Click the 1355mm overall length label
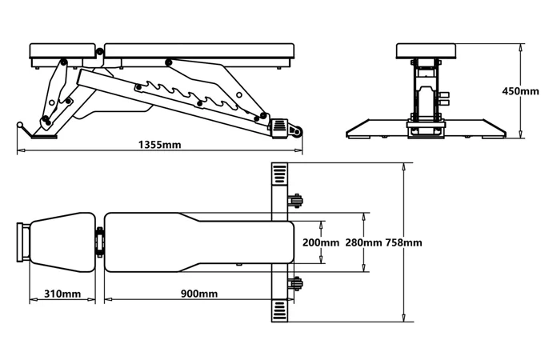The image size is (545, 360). [x=160, y=145]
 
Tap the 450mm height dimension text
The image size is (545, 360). [x=520, y=91]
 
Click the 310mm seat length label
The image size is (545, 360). [x=62, y=294]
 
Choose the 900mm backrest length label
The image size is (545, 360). [x=199, y=294]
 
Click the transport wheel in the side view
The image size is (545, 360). [x=298, y=133]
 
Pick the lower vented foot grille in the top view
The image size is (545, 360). [x=279, y=310]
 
